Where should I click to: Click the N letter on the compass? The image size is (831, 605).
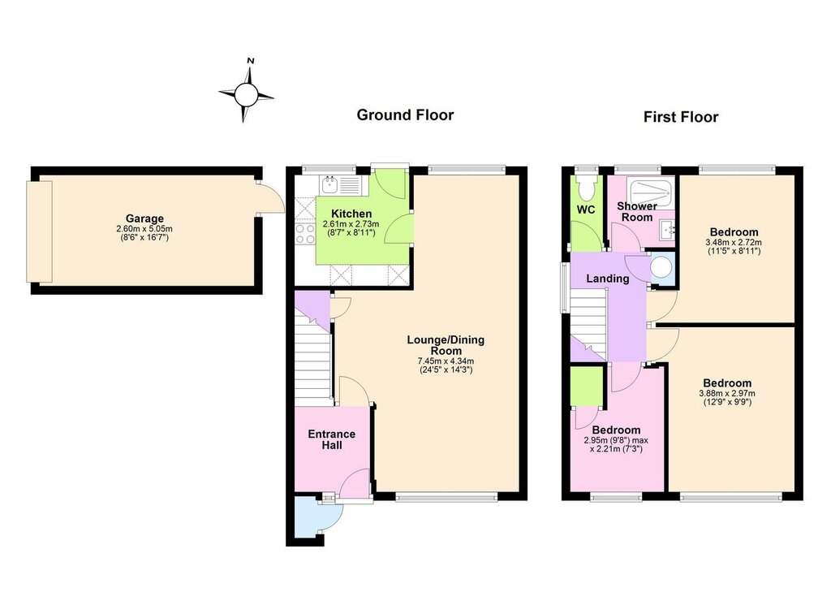(251, 60)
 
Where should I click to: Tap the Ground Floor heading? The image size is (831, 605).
(405, 115)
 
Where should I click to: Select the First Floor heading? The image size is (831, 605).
(681, 117)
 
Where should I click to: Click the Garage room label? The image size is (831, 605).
(144, 218)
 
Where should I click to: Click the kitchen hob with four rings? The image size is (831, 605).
(306, 234)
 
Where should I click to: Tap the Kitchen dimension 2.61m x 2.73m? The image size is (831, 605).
(351, 224)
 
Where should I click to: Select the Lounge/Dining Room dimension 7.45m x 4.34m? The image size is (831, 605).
(446, 361)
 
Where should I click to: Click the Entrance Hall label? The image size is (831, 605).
(332, 439)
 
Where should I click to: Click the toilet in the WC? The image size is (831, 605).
(586, 187)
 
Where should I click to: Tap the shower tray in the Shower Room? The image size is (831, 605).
(651, 188)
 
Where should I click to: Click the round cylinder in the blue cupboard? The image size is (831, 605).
(661, 268)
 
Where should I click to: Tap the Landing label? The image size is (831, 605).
(607, 279)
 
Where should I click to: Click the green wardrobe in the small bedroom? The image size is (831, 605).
(588, 386)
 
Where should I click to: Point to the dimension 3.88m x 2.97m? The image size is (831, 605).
(727, 393)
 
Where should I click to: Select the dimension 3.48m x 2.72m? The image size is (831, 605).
(734, 242)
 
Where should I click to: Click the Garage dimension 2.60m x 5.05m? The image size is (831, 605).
(144, 229)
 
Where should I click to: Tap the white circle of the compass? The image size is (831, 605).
(245, 95)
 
